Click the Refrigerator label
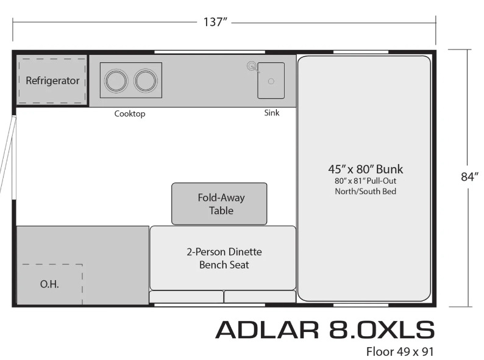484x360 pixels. tap(52, 81)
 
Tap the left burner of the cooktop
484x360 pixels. tap(115, 81)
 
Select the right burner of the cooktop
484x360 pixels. tap(146, 81)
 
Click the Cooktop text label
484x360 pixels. tap(130, 114)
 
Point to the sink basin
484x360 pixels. tap(271, 81)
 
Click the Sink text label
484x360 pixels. tap(271, 113)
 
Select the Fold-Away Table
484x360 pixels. tap(219, 204)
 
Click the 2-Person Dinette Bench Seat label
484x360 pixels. tap(224, 258)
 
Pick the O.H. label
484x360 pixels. tap(50, 284)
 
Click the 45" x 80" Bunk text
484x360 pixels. tap(366, 169)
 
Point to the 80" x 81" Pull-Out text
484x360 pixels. tap(366, 181)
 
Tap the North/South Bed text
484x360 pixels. tap(366, 191)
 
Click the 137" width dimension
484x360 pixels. tap(215, 23)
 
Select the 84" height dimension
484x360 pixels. tap(468, 177)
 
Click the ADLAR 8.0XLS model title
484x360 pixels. tap(325, 329)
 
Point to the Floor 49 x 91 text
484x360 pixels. tap(400, 351)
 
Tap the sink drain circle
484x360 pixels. tap(271, 81)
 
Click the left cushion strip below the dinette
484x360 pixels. tap(187, 297)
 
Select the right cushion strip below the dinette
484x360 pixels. tap(260, 297)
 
